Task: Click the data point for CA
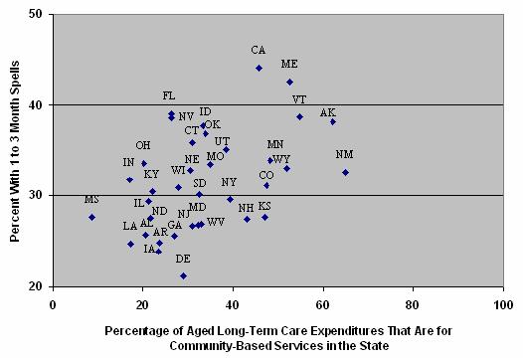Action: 259,68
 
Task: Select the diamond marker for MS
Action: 91,217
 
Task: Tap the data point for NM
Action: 345,172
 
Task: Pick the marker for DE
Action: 183,275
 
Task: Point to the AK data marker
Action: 333,121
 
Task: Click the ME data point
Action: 289,82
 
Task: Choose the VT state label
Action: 299,99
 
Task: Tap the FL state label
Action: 169,95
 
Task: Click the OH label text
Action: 143,145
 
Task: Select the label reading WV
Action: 216,221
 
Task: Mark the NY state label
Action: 229,182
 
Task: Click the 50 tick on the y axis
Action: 36,15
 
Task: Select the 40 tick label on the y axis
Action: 36,104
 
